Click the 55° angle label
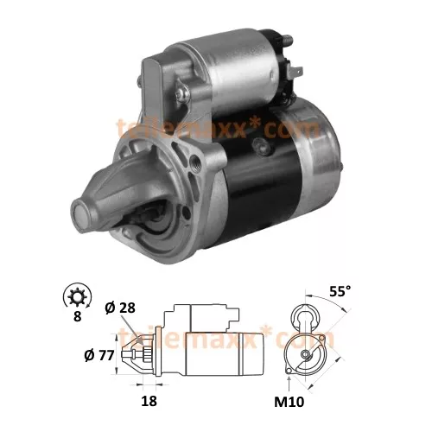(x=340, y=292)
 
